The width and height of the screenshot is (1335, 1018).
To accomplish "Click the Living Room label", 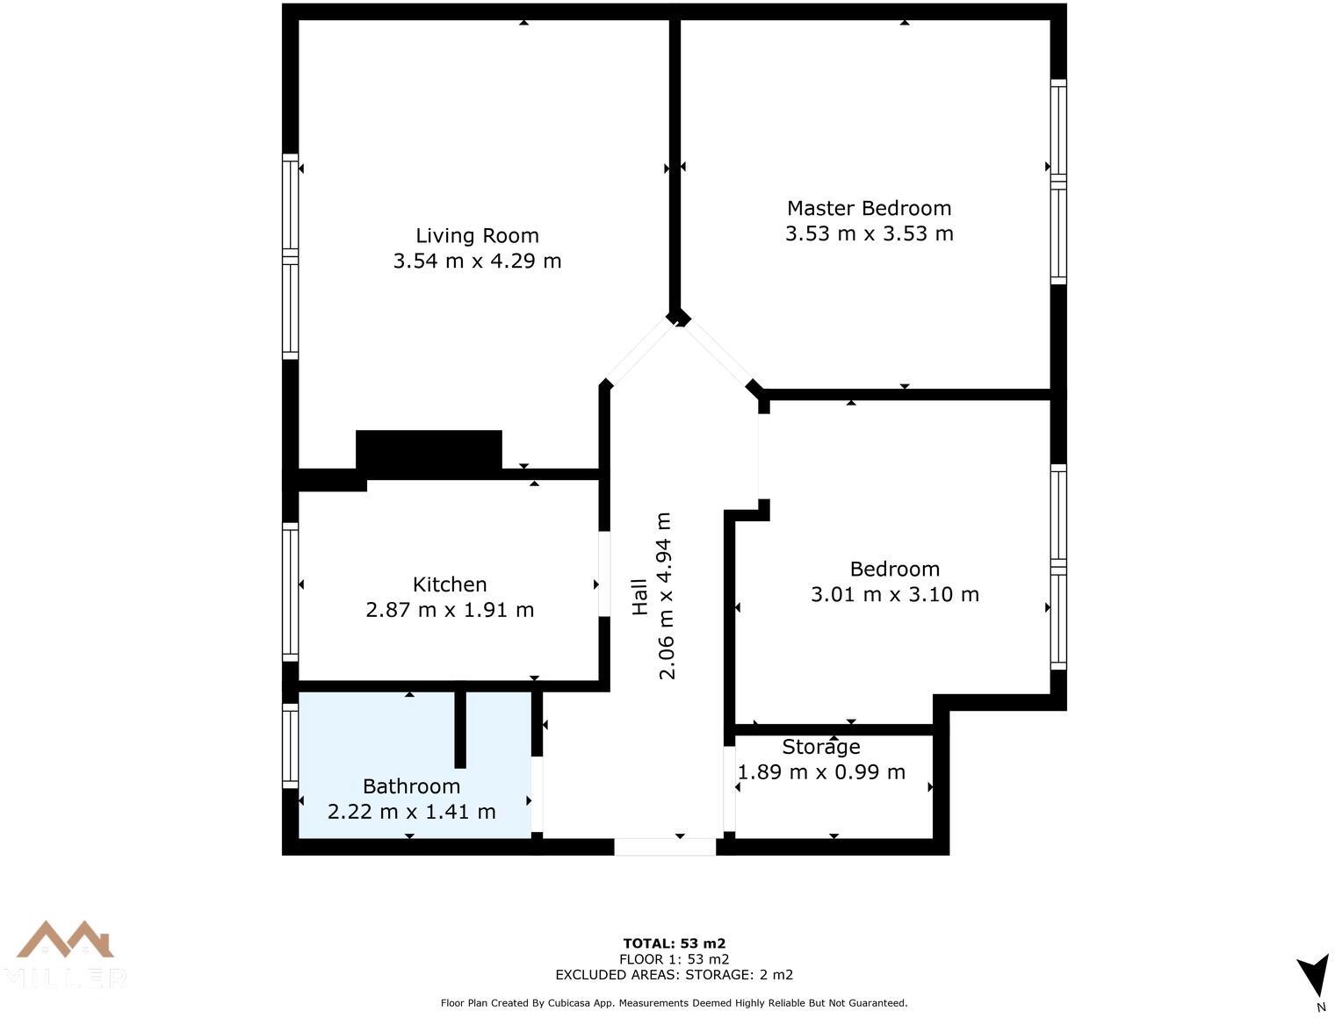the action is click(477, 235).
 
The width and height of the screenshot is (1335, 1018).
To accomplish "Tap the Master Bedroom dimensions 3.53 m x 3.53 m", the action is click(870, 233).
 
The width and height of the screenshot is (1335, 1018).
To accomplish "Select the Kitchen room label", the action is click(450, 584).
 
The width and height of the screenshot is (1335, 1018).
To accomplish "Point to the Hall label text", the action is click(639, 596).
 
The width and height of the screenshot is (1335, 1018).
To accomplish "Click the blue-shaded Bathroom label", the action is click(411, 785).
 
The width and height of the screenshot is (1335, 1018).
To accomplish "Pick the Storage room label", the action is click(821, 746).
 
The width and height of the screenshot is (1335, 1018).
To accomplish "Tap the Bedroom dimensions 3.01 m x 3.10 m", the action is click(895, 594).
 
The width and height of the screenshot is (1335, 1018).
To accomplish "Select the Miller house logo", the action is click(64, 957).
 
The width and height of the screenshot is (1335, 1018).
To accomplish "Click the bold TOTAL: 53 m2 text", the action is click(674, 943).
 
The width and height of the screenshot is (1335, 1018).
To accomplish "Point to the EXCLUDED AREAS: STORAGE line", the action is click(674, 975).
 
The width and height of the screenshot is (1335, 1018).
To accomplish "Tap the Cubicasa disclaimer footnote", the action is click(674, 1003).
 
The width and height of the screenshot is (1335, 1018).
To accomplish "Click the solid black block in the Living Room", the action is click(429, 454).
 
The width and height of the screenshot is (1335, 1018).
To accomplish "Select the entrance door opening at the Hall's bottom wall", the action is click(665, 847).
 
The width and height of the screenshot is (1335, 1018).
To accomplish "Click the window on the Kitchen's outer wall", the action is click(291, 592).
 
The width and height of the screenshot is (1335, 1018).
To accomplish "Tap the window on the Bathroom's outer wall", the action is click(291, 746).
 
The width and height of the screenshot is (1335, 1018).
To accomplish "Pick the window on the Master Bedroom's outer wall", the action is click(1059, 182).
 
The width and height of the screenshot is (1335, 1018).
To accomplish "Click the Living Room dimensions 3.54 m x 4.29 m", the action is click(477, 261).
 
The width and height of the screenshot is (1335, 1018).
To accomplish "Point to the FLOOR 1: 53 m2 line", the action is click(674, 959).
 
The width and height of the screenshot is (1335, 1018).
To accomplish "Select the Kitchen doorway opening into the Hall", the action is click(604, 574).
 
